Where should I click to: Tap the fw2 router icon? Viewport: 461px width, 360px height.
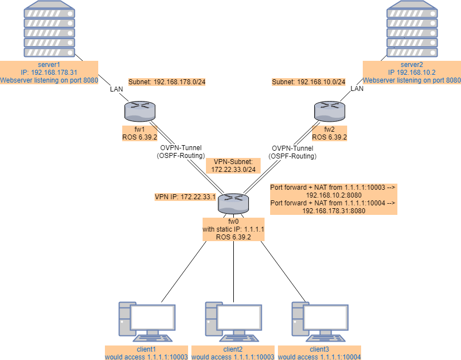(330, 111)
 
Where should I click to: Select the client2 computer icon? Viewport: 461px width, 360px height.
(233, 321)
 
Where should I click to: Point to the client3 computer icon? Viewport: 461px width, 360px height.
(319, 321)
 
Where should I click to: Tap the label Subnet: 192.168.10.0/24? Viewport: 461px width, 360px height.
(308, 82)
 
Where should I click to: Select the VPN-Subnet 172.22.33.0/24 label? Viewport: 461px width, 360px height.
(233, 165)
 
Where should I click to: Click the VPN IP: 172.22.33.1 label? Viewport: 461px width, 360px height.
(185, 197)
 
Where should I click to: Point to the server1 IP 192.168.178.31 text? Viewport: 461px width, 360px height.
(49, 73)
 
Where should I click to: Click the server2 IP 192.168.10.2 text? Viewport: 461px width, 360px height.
(412, 73)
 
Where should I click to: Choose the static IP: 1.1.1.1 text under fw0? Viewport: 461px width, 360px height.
(233, 229)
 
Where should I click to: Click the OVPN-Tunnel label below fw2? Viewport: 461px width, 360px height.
(292, 148)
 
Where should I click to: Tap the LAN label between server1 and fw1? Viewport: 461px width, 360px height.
(117, 89)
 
